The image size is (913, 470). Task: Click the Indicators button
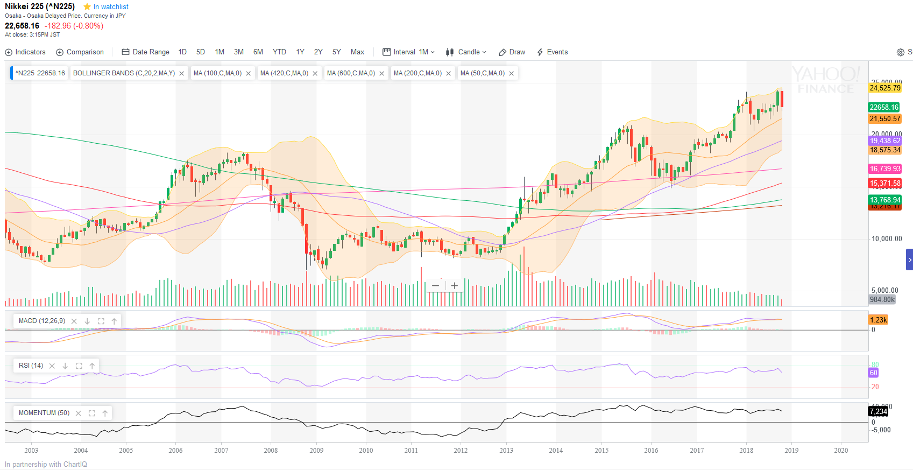[25, 52]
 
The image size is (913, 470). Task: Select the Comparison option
[80, 52]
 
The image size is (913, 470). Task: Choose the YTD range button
[279, 52]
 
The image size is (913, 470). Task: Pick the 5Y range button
[336, 52]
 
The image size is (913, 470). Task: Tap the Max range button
[357, 52]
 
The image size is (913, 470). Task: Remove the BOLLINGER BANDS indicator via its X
[182, 74]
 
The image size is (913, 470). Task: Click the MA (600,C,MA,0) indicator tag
[351, 73]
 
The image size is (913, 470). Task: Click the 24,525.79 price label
[884, 88]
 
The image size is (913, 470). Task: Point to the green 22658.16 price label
[884, 107]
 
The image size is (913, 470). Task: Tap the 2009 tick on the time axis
[316, 451]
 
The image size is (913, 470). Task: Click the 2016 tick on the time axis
[651, 451]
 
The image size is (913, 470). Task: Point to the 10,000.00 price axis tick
[887, 239]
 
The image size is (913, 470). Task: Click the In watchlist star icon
[87, 7]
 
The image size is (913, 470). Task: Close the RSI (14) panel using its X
[52, 366]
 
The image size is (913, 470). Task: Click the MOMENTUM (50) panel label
[44, 413]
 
